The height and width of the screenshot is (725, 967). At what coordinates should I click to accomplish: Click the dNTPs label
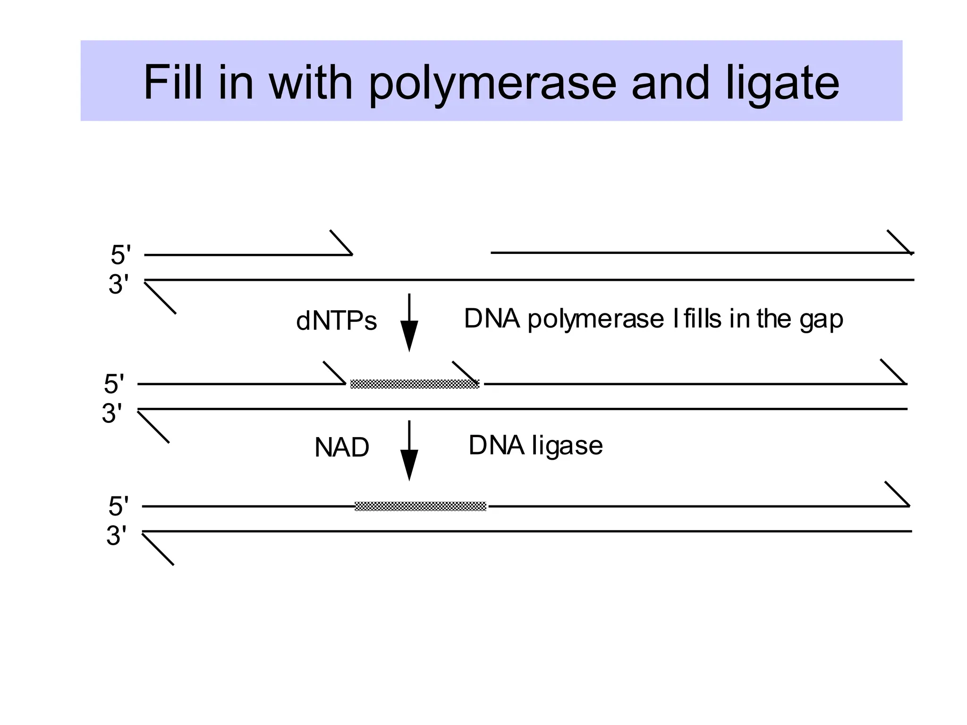(x=336, y=321)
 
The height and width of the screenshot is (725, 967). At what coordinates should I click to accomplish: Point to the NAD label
(x=341, y=447)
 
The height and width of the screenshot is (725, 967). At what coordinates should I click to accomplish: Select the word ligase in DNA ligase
(x=567, y=446)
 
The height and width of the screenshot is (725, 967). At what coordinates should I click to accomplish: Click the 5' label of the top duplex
(x=120, y=255)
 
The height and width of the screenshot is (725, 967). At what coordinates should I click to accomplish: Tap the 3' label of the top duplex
(x=119, y=285)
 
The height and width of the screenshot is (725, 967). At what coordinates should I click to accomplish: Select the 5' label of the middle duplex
(x=114, y=384)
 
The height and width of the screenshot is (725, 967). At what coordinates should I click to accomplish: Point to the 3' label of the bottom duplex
(x=116, y=536)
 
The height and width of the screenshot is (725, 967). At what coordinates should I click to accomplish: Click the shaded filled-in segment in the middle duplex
(x=414, y=384)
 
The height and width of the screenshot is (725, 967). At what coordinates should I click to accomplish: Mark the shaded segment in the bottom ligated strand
(x=420, y=506)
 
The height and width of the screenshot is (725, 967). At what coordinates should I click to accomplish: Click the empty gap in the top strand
(x=422, y=254)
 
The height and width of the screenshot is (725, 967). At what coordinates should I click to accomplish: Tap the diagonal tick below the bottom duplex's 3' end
(x=158, y=549)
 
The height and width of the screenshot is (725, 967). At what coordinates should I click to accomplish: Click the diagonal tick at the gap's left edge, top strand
(x=341, y=242)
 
